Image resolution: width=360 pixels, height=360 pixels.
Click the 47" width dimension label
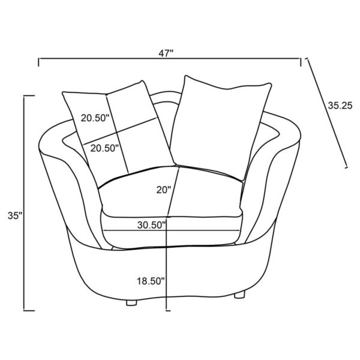(166, 53)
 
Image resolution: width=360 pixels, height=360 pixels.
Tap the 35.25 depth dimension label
(340, 106)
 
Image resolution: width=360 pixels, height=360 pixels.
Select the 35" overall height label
(15, 216)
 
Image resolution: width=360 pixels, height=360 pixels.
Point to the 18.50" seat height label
(151, 281)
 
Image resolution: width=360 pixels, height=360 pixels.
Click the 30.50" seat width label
(151, 225)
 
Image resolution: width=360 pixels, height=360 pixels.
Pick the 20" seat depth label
(164, 190)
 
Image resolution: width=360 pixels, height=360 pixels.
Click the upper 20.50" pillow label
(95, 118)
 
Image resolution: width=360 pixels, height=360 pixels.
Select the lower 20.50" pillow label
(104, 148)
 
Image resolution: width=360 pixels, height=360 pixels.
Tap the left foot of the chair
(131, 302)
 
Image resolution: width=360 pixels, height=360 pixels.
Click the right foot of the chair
(239, 295)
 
